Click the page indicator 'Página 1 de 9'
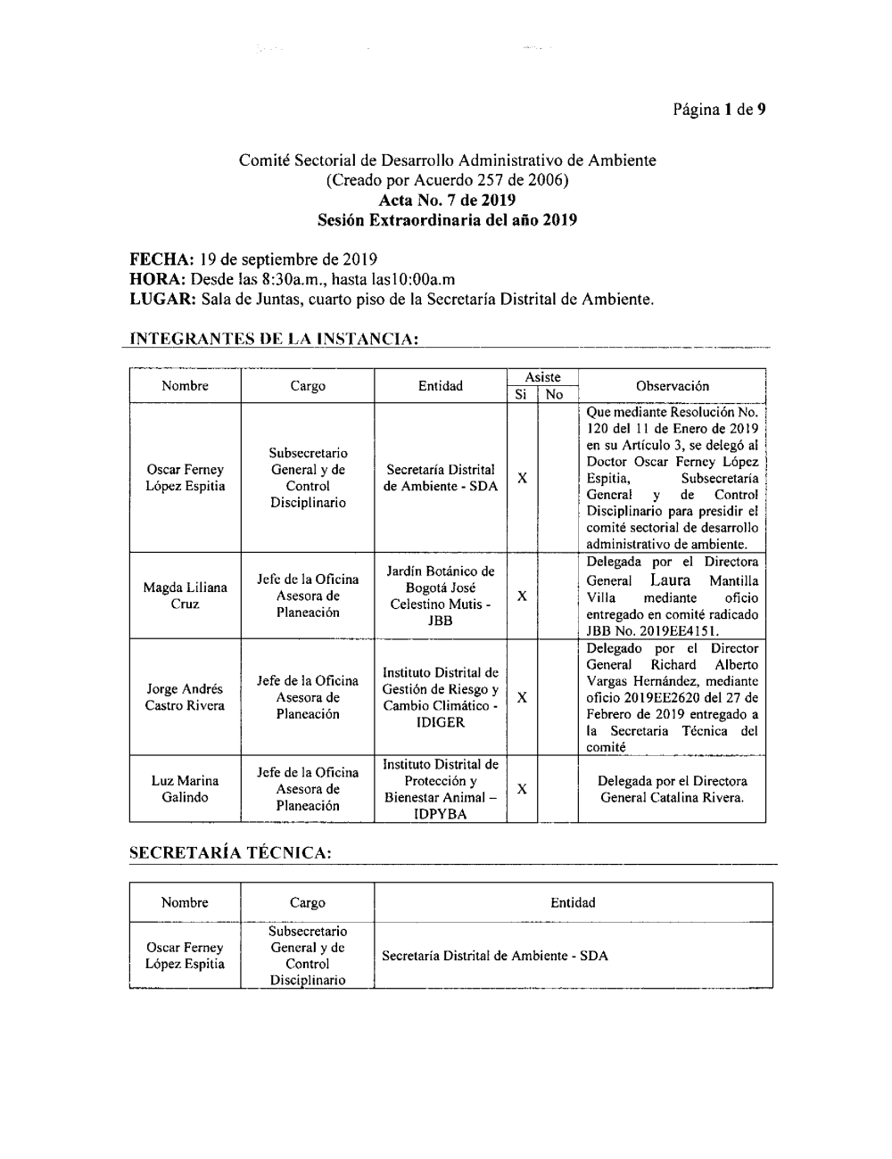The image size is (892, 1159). (x=720, y=110)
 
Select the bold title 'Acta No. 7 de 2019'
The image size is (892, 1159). (x=447, y=201)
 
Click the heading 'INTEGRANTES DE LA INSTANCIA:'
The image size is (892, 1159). (x=274, y=340)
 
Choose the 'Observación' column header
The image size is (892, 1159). (x=672, y=386)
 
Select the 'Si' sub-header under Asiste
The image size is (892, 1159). (x=521, y=394)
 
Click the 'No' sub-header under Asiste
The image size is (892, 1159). (x=554, y=394)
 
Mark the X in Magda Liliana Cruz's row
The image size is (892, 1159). (x=522, y=596)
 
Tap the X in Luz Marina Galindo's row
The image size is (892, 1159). (x=522, y=789)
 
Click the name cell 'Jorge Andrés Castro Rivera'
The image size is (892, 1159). (x=185, y=697)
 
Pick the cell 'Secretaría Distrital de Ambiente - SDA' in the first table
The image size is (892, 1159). (x=441, y=478)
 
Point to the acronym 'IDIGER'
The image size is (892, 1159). (x=441, y=722)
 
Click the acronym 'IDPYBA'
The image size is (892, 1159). (x=441, y=814)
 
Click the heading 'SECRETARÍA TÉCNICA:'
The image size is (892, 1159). (x=231, y=854)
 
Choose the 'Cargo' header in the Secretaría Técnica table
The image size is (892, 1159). (x=307, y=902)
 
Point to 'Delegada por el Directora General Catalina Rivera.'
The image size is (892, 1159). (x=672, y=789)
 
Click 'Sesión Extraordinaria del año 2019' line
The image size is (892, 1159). (x=447, y=219)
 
